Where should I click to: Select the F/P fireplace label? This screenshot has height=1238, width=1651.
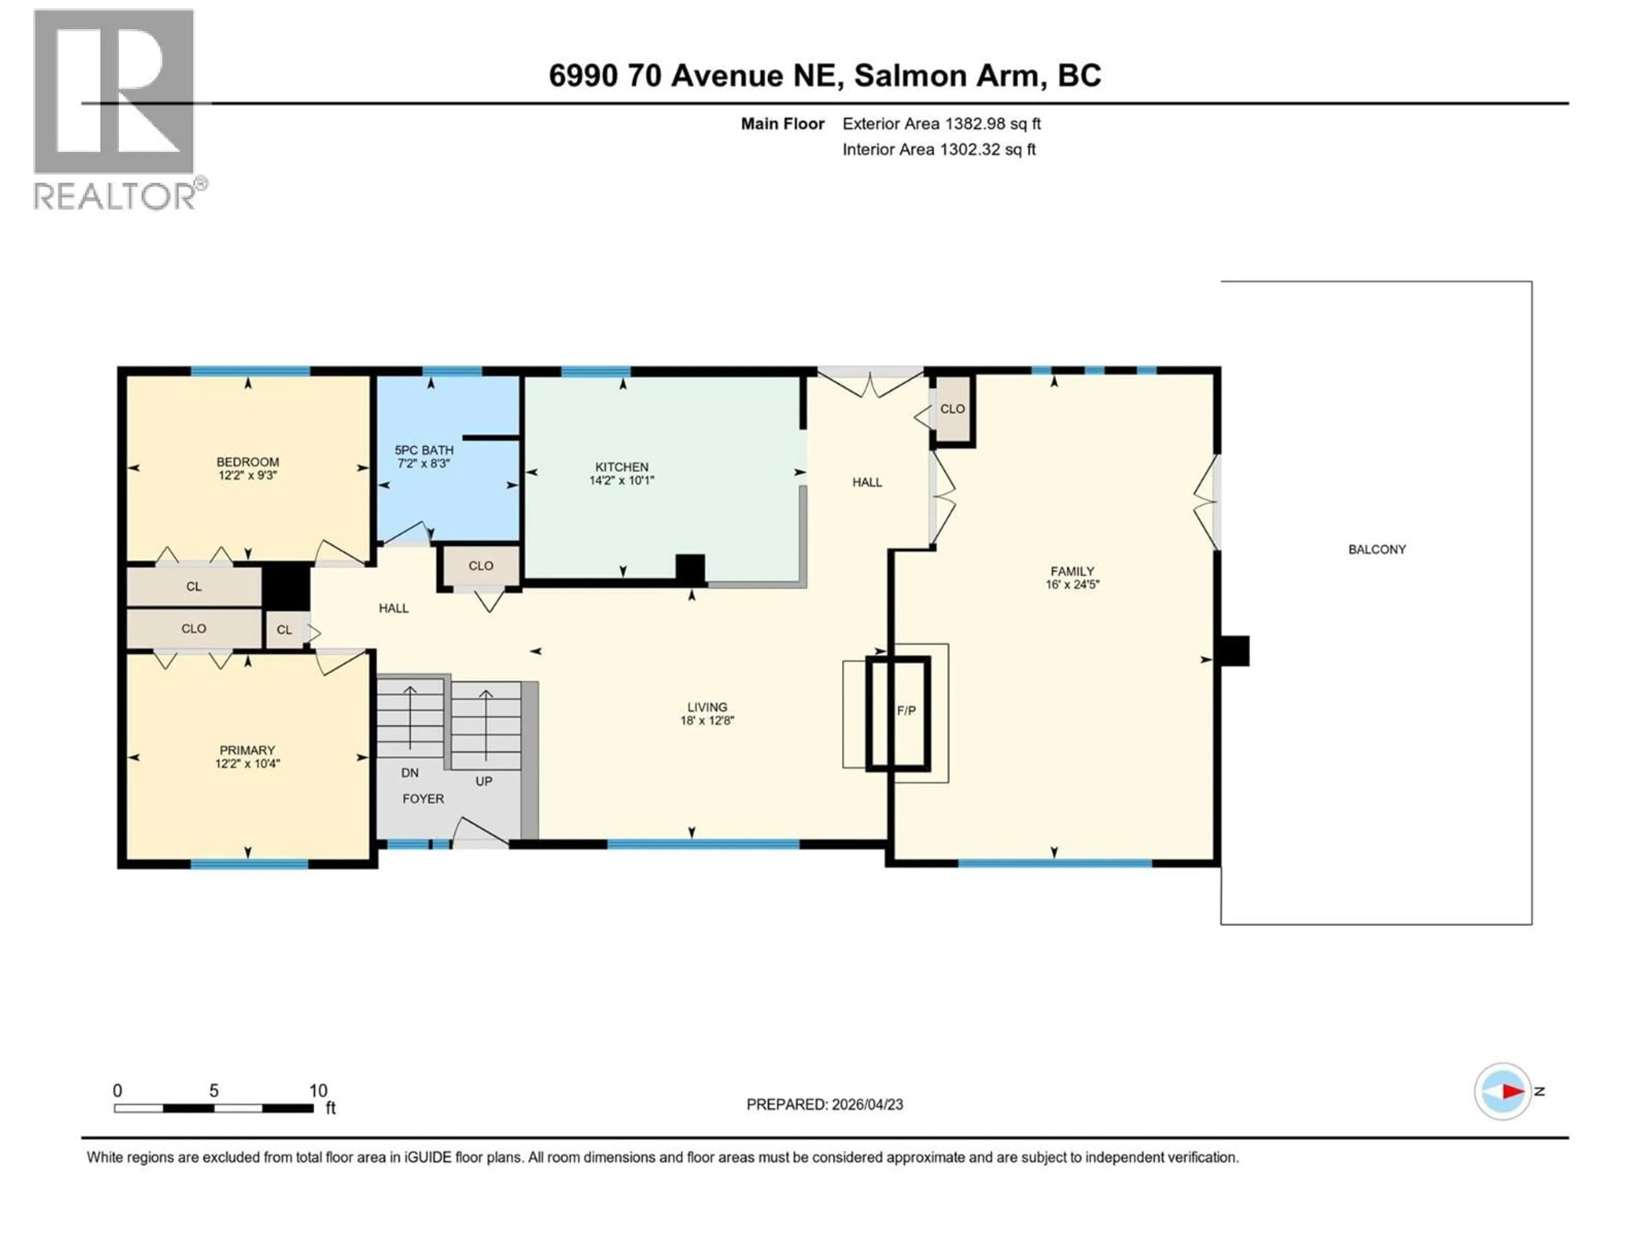906,711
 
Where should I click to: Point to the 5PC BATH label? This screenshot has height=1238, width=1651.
424,450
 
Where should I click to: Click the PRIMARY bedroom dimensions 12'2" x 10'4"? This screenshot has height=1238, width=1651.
247,763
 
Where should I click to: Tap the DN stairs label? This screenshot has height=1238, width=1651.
410,773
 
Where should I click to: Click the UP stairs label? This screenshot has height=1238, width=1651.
484,781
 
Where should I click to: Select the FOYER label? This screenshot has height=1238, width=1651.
423,799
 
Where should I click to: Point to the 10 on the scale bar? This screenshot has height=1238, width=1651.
319,1090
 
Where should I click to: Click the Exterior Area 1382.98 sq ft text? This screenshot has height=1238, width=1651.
941,124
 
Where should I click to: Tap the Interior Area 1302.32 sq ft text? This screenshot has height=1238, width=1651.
939,149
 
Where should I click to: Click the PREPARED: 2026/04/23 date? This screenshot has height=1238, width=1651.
825,1104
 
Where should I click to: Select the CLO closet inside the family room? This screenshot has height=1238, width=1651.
952,409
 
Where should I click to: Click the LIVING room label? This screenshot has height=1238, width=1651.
707,707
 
